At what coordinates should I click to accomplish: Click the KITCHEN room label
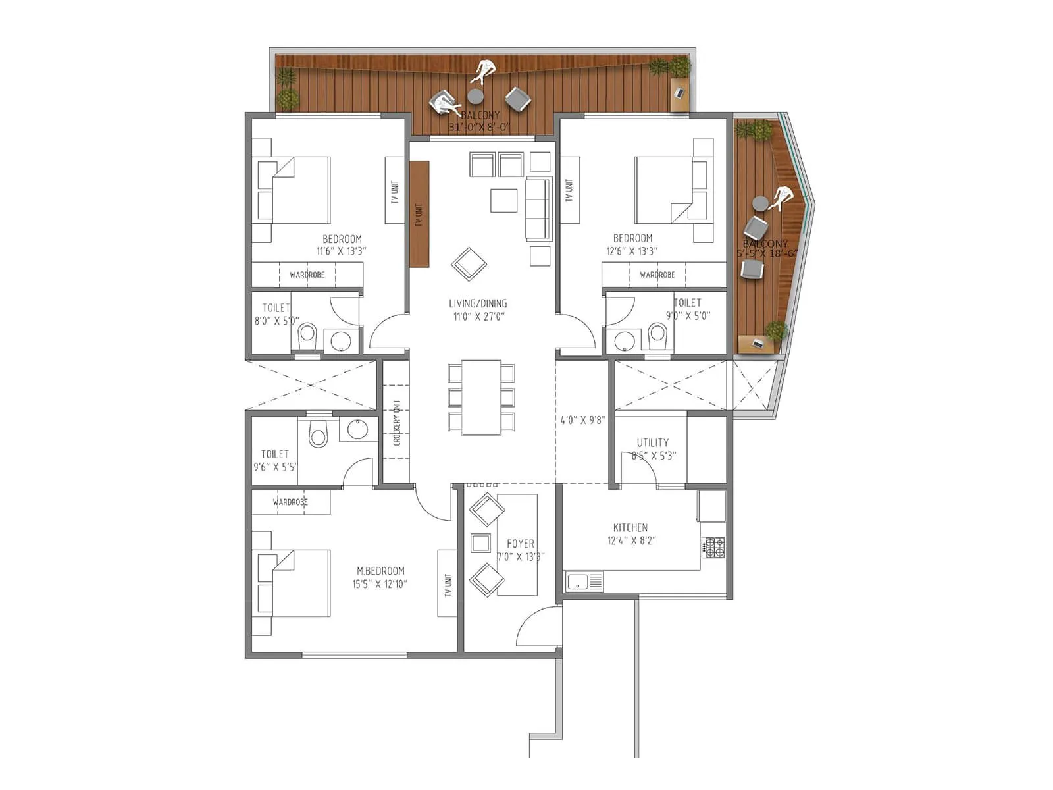(x=630, y=527)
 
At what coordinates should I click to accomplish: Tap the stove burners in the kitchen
(x=713, y=546)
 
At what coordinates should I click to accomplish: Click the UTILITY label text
(x=652, y=442)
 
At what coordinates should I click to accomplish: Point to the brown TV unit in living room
(x=419, y=214)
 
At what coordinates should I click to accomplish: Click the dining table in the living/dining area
(x=481, y=397)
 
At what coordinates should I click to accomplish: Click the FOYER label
(x=520, y=544)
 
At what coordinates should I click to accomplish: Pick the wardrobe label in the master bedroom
(x=290, y=502)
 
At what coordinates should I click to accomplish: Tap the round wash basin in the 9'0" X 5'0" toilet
(x=624, y=341)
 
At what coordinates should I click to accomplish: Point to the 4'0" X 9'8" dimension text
(x=582, y=419)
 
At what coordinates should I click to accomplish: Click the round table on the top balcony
(x=475, y=97)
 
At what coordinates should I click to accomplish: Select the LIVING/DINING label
(x=478, y=303)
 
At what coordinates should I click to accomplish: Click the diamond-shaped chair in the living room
(x=469, y=264)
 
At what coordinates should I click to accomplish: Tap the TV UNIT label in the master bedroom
(x=448, y=585)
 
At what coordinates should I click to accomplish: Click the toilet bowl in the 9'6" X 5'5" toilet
(x=319, y=436)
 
